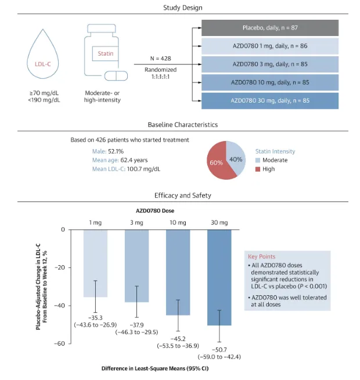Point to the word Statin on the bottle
pos(105,54)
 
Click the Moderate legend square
pos(259,160)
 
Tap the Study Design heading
pos(180,8)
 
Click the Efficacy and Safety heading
pos(180,196)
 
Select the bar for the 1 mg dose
pos(95,263)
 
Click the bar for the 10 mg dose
pos(178,272)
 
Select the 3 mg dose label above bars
pos(136,222)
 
